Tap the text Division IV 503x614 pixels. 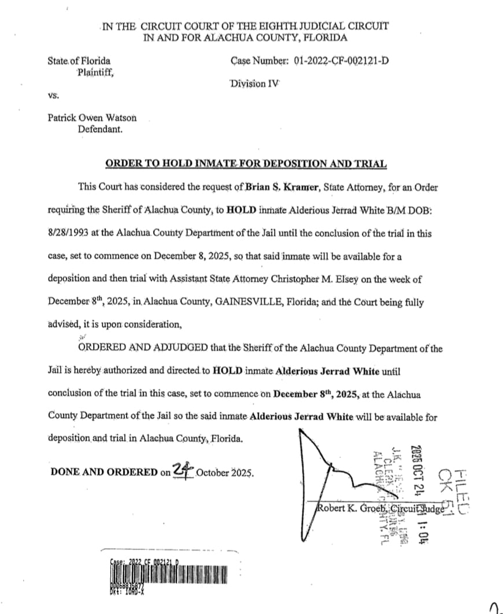pyautogui.click(x=254, y=83)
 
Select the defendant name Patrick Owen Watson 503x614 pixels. pyautogui.click(x=93, y=117)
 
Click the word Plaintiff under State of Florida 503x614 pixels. pyautogui.click(x=95, y=72)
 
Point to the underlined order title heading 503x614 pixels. pyautogui.click(x=246, y=164)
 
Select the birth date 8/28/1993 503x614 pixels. pyautogui.click(x=69, y=233)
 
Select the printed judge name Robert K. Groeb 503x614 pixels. pyautogui.click(x=353, y=509)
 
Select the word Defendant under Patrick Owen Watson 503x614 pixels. pyautogui.click(x=100, y=129)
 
